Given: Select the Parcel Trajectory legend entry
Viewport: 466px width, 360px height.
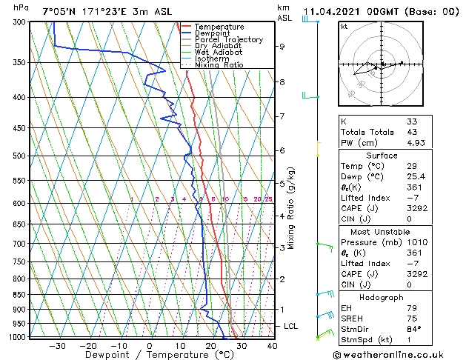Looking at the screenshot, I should tap(228, 40).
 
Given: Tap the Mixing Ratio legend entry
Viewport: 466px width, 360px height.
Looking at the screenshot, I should tap(219, 65).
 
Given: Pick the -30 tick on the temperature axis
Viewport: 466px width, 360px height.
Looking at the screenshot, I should tap(57, 345).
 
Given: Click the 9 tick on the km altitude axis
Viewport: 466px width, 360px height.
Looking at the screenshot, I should tap(282, 46).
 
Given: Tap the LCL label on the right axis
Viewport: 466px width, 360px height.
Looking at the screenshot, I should tap(291, 326).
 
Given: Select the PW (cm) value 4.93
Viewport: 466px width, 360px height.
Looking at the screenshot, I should tap(415, 143).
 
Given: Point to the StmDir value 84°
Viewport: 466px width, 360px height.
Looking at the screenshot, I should tap(413, 329).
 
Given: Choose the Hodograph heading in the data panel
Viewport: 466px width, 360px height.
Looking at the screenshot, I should tap(382, 297).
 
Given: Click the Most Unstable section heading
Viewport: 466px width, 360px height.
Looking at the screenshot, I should tap(382, 232).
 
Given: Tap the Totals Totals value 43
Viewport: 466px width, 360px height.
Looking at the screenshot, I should tap(412, 132).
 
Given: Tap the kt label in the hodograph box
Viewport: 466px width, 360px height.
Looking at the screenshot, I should tap(344, 27).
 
